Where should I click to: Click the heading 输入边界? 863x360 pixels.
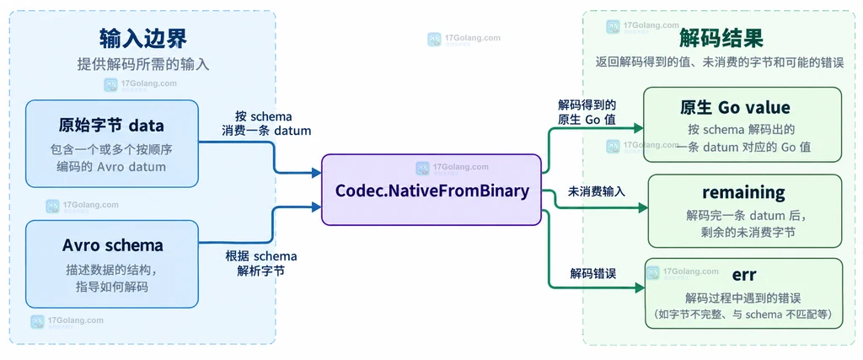[x=143, y=39]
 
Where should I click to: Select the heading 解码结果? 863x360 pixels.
[x=721, y=39]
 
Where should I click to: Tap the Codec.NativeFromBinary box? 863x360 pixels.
[x=431, y=190]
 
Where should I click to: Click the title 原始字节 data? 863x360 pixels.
[x=111, y=126]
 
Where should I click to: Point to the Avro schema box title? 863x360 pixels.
[x=112, y=245]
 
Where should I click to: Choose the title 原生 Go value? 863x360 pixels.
[x=742, y=107]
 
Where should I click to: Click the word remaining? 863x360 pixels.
[x=743, y=193]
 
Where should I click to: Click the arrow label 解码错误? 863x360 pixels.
[x=592, y=272]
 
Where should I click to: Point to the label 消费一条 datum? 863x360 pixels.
[x=266, y=131]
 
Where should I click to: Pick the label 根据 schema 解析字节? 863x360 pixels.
[x=260, y=263]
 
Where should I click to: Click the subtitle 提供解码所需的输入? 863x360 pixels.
[x=143, y=64]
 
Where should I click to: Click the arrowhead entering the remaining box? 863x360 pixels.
[x=643, y=208]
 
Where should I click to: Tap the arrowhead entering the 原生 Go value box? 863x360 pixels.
[x=639, y=128]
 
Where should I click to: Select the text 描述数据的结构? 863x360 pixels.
[x=108, y=271]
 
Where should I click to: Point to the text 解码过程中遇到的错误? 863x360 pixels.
[x=742, y=298]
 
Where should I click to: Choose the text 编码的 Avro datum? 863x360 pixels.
[x=111, y=166]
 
